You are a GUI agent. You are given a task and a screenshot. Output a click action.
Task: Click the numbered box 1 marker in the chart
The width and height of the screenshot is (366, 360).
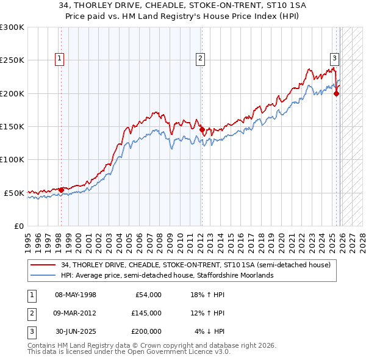tap(60, 59)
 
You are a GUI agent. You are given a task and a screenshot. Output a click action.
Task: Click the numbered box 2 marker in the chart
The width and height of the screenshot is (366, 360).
tap(200, 59)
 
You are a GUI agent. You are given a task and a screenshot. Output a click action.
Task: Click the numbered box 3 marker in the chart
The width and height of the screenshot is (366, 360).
tap(335, 59)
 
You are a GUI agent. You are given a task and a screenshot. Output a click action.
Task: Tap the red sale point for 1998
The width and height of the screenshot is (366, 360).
tap(61, 190)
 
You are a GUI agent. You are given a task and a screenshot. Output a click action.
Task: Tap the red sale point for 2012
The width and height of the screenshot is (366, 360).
tap(201, 129)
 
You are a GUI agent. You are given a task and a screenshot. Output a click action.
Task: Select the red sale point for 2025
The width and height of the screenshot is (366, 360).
tap(336, 93)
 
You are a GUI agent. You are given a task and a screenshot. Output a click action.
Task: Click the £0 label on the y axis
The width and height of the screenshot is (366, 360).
tap(18, 226)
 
